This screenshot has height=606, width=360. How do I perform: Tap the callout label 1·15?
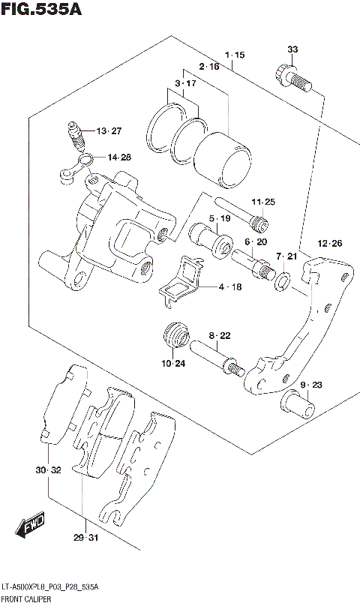pyautogui.click(x=234, y=55)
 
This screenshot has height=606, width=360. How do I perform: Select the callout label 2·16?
pyautogui.click(x=209, y=67)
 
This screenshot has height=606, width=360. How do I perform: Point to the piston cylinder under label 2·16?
pyautogui.click(x=222, y=158)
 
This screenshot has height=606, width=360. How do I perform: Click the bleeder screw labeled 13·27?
pyautogui.click(x=76, y=136)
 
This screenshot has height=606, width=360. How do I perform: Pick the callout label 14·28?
pyautogui.click(x=118, y=157)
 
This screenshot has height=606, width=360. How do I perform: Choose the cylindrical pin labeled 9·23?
pyautogui.click(x=298, y=406)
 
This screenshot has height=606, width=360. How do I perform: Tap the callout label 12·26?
pyautogui.click(x=329, y=243)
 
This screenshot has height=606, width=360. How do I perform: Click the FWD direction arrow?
pyautogui.click(x=31, y=528)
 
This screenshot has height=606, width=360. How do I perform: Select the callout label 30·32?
pyautogui.click(x=46, y=470)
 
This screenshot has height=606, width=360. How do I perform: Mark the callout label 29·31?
pyautogui.click(x=87, y=538)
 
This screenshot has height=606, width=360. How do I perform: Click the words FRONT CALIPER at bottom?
pyautogui.click(x=26, y=600)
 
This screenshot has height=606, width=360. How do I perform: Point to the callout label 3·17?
pyautogui.click(x=184, y=83)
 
